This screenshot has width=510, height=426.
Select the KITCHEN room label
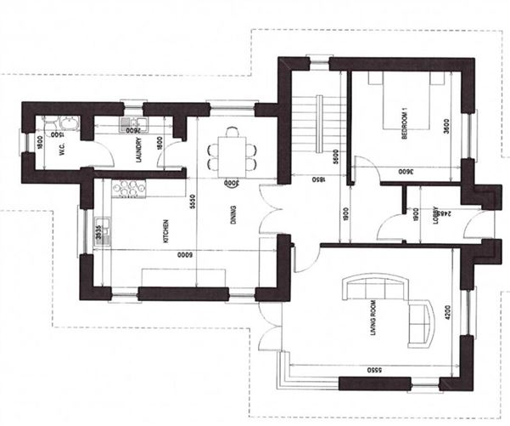(x=169, y=227)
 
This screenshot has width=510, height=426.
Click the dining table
(x=230, y=152)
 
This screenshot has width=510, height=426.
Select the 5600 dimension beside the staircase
(x=336, y=153)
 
